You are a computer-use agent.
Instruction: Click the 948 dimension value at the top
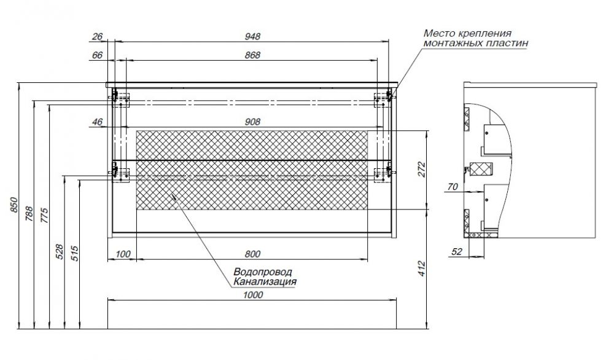[x=252, y=36]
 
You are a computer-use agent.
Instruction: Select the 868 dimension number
[x=252, y=55]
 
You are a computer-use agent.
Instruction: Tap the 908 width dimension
[x=252, y=122]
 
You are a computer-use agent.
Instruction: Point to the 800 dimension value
[x=252, y=254]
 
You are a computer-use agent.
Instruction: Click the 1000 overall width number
[x=253, y=295]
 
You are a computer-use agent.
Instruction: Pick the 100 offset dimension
[x=123, y=254]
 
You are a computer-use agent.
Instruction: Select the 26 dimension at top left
[x=97, y=36]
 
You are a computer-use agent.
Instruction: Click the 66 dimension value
[x=97, y=55]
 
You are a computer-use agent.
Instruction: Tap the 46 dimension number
[x=97, y=122]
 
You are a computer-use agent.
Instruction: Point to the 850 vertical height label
[x=14, y=205]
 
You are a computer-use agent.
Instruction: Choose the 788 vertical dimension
[x=29, y=214]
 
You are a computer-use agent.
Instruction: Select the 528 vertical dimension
[x=59, y=252]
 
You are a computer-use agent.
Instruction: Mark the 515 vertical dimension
[x=75, y=254]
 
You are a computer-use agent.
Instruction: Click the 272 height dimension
[x=422, y=170]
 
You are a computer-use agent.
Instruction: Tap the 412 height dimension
[x=422, y=268]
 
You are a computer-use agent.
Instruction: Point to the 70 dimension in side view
[x=453, y=187]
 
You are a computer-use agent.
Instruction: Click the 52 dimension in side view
[x=457, y=252]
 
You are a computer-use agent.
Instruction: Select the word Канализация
[x=265, y=281]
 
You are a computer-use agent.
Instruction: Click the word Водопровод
[x=263, y=272]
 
